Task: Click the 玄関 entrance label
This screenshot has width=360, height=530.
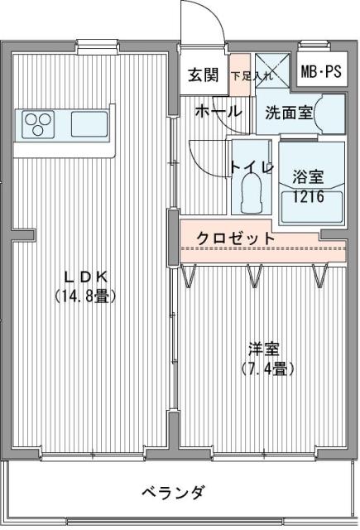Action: [x=203, y=75]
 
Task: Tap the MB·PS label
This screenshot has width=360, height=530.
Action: [x=321, y=72]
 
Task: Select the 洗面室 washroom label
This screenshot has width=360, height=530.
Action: [x=288, y=113]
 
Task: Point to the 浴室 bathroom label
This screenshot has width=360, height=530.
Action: [x=308, y=176]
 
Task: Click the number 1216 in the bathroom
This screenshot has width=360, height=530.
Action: [x=309, y=196]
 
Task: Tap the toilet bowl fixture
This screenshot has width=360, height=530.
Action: [x=252, y=193]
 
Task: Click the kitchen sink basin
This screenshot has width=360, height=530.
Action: [x=89, y=124]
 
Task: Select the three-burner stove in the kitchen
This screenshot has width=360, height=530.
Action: [x=38, y=124]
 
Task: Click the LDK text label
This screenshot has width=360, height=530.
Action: [x=86, y=277]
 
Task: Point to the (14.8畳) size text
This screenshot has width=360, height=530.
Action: [x=85, y=296]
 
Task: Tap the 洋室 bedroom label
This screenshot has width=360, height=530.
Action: [x=264, y=349]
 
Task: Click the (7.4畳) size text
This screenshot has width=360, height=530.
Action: [x=267, y=369]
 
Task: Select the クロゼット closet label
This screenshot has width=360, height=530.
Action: [x=235, y=238]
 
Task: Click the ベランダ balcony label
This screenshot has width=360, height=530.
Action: [x=173, y=492]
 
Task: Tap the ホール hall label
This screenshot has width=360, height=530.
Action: [x=218, y=110]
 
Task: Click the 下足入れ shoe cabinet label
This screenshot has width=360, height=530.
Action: [x=252, y=75]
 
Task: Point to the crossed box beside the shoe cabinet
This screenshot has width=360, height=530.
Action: [x=272, y=70]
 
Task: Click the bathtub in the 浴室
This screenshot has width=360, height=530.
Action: [x=312, y=207]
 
